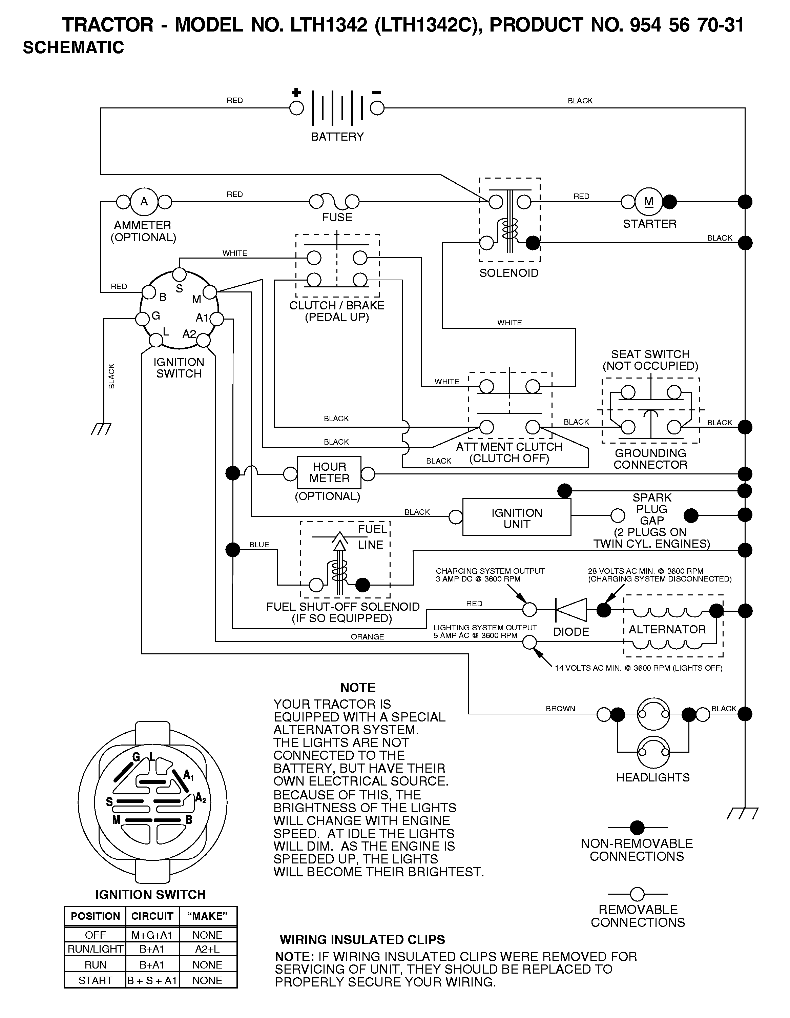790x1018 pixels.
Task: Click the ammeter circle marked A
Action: [x=144, y=202]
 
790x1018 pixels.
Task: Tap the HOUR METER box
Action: [x=329, y=473]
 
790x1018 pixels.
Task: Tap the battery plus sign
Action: [x=296, y=92]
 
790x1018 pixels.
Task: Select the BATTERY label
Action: [x=337, y=137]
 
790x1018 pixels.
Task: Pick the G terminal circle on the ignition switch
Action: [x=142, y=319]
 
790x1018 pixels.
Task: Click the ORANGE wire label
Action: [x=367, y=637]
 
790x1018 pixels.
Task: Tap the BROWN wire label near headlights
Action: [x=560, y=709]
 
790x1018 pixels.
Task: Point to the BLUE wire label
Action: [x=259, y=545]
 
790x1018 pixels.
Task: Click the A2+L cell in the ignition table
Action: [x=207, y=949]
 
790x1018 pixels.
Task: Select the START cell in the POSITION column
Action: [x=95, y=980]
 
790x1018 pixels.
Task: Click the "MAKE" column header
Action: [x=207, y=916]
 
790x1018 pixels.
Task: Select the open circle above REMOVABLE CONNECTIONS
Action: [x=637, y=894]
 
